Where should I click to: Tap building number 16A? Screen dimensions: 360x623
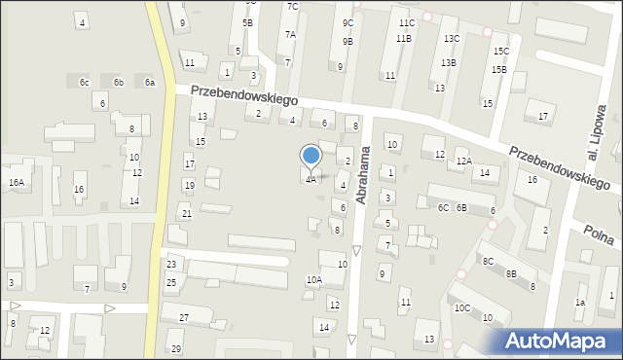pos(17,182)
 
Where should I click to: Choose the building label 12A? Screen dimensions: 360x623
pos(464,162)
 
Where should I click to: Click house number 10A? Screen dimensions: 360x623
pos(313,280)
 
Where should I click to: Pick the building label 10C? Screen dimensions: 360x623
pos(461,308)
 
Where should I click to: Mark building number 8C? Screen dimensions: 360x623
pos(488,261)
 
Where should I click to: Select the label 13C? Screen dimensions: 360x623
pos(452,39)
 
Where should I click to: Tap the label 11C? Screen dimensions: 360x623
pos(406,22)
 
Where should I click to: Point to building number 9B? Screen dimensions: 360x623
pos(347,42)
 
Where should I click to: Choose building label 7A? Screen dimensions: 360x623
pos(290,34)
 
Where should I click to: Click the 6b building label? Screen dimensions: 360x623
pos(118,83)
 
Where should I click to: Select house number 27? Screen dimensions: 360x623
pos(183,319)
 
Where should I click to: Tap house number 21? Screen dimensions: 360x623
pos(186,213)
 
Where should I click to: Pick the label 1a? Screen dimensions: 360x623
pos(579,303)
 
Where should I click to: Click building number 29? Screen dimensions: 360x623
pos(176,348)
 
